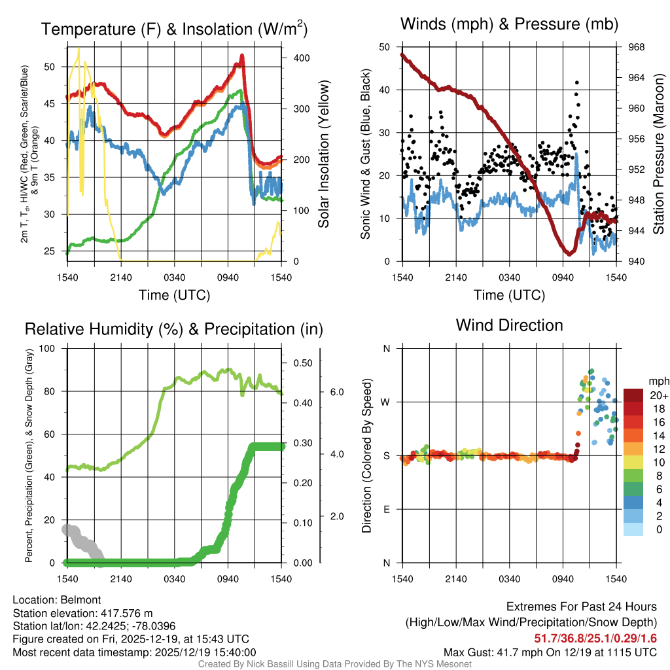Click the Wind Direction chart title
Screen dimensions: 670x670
[509, 325]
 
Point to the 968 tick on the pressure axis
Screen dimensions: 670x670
[635, 47]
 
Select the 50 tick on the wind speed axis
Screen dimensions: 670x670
[385, 47]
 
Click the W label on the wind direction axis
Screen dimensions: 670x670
[385, 402]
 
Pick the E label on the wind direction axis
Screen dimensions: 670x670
[386, 509]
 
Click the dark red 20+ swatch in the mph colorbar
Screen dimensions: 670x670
[633, 395]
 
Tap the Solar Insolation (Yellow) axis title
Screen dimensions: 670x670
[323, 154]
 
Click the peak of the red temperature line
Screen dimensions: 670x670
[242, 56]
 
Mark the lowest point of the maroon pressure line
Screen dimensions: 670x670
[569, 254]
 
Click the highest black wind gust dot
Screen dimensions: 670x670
[576, 82]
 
